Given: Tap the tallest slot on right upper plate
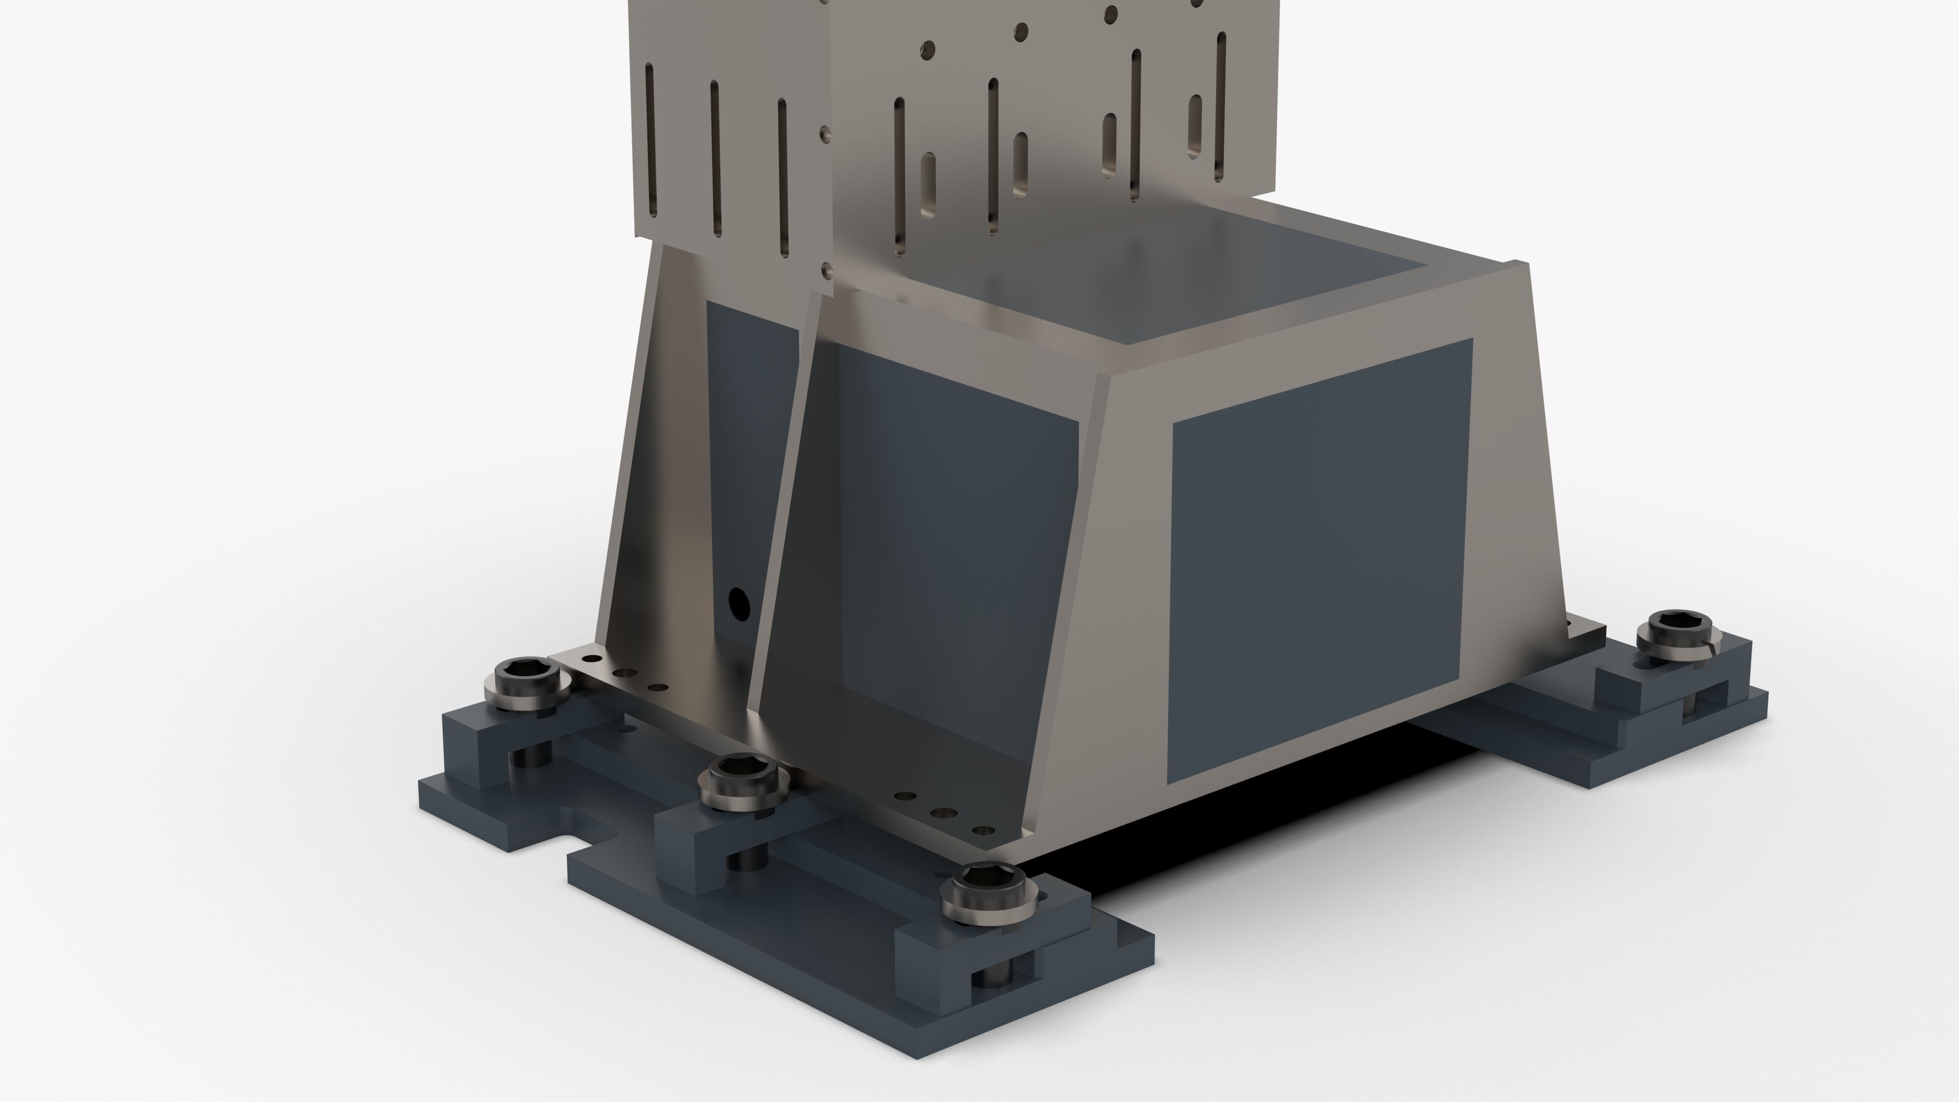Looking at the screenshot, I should coord(1221,107).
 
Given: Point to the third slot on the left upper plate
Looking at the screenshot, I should coord(783,177).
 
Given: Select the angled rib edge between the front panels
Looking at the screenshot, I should coord(1065,593).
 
